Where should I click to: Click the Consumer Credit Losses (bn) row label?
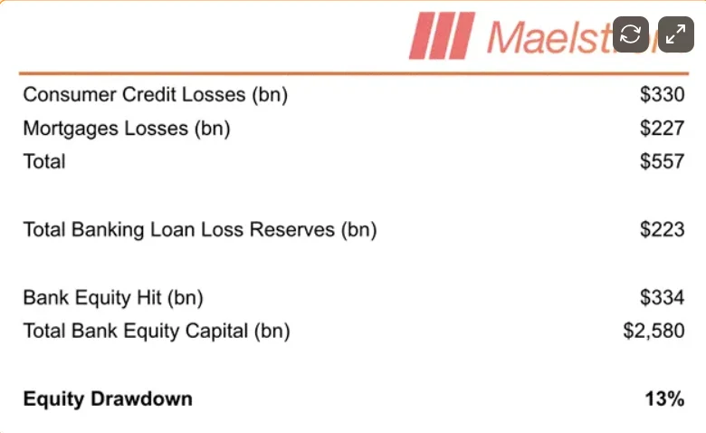tap(156, 95)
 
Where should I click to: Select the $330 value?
tap(662, 94)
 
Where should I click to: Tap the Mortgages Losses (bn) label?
tap(127, 129)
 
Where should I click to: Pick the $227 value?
tap(662, 129)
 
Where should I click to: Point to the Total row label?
tap(44, 162)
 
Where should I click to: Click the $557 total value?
tap(662, 162)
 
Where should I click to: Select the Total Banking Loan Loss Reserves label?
tap(200, 230)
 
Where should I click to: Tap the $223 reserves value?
tap(662, 230)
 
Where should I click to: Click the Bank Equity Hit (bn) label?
tap(113, 298)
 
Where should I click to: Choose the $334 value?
tap(662, 297)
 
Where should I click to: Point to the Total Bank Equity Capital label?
tap(157, 332)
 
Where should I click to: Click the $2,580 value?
tap(654, 332)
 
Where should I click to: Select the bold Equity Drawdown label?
tap(108, 399)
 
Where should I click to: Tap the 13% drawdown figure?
tap(664, 399)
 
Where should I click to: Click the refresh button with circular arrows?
tap(630, 34)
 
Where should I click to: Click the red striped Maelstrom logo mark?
tap(442, 35)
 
